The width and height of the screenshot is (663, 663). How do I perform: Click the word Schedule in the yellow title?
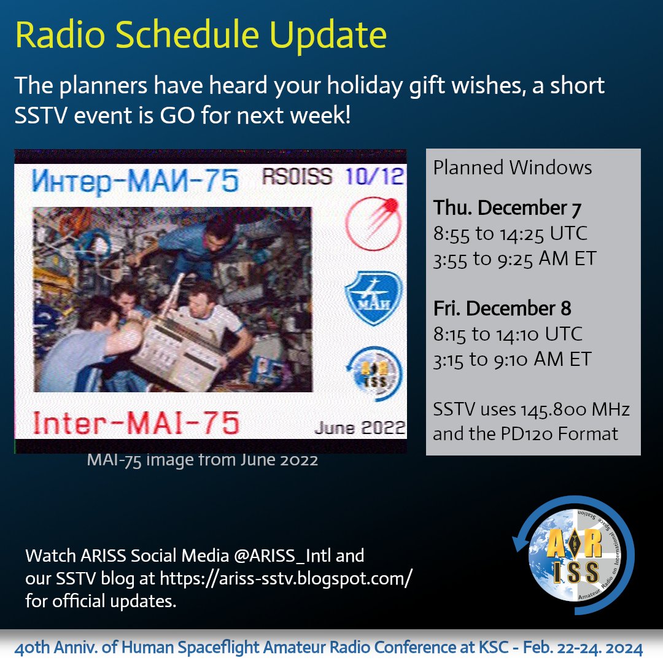point(187,34)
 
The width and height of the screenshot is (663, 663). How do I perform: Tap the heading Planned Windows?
point(513,168)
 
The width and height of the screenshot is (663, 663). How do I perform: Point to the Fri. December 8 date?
point(502,308)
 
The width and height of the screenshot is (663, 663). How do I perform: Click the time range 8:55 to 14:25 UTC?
point(510,234)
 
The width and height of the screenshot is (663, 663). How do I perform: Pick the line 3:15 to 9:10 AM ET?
point(512,360)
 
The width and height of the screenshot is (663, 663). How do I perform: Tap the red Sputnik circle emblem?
point(373,223)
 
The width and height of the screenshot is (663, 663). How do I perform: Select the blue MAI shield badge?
point(373,298)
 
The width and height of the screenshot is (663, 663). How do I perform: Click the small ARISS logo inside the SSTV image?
point(374,374)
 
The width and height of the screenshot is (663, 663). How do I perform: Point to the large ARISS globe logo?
point(573,555)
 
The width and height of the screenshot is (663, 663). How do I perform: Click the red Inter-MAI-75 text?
point(136,423)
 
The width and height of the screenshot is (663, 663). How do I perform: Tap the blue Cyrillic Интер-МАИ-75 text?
point(135,180)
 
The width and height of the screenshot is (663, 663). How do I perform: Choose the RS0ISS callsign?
point(297,176)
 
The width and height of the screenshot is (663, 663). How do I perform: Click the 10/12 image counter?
point(374,176)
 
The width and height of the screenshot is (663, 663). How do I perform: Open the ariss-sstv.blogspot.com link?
point(286,578)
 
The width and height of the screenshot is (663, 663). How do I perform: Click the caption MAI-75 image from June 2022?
point(202,460)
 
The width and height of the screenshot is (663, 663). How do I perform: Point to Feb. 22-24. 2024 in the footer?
point(583,648)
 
